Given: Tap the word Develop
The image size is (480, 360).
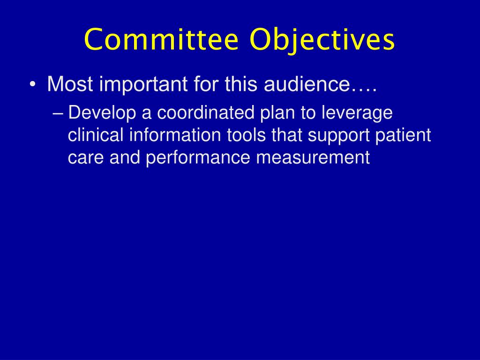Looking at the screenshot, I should pyautogui.click(x=99, y=114).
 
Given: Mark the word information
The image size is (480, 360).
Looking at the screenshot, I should pyautogui.click(x=174, y=135).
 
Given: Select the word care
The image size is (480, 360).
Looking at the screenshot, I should pyautogui.click(x=86, y=158).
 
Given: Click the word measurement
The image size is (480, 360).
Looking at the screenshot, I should pyautogui.click(x=313, y=158).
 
